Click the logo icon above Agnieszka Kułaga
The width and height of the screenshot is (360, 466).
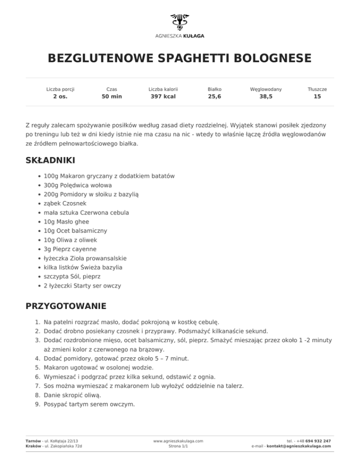(180, 22)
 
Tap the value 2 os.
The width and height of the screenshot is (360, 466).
(60, 97)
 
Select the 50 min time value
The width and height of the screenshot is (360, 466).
(112, 97)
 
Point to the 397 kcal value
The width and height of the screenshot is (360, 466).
(163, 97)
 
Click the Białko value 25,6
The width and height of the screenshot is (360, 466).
(215, 97)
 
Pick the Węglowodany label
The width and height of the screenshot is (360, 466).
(266, 89)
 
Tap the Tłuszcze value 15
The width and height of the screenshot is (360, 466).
(317, 97)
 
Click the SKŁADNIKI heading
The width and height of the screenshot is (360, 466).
(50, 160)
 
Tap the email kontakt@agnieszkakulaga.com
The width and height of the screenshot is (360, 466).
(298, 446)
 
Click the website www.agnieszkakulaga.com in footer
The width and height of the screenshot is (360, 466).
(178, 441)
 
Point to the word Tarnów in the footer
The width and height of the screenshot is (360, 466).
(33, 441)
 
